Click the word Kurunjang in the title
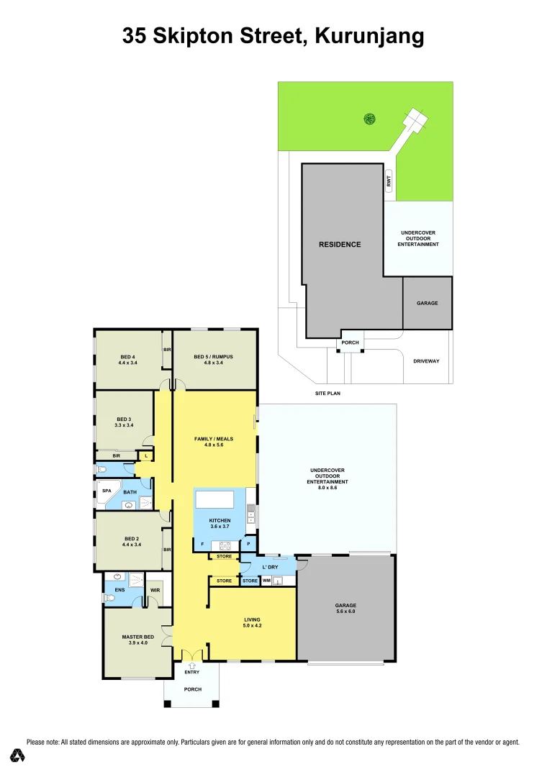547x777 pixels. point(369,37)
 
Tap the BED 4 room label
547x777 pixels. point(127,357)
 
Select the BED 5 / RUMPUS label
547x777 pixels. point(213,357)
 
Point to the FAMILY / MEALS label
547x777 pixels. point(214,438)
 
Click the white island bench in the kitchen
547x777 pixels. point(214,499)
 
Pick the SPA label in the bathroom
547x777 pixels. point(107,491)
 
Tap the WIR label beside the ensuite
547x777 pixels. point(155,591)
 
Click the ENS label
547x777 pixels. point(110,589)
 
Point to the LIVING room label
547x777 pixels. point(252,619)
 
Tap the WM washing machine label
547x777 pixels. point(266,581)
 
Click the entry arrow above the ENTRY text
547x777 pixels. point(191,666)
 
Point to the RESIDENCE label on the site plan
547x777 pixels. point(340,245)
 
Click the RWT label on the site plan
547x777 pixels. point(389,183)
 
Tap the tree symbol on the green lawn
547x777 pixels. point(369,119)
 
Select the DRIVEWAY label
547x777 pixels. point(426,361)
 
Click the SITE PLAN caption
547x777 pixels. point(327,394)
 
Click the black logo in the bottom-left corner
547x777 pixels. point(17,755)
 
